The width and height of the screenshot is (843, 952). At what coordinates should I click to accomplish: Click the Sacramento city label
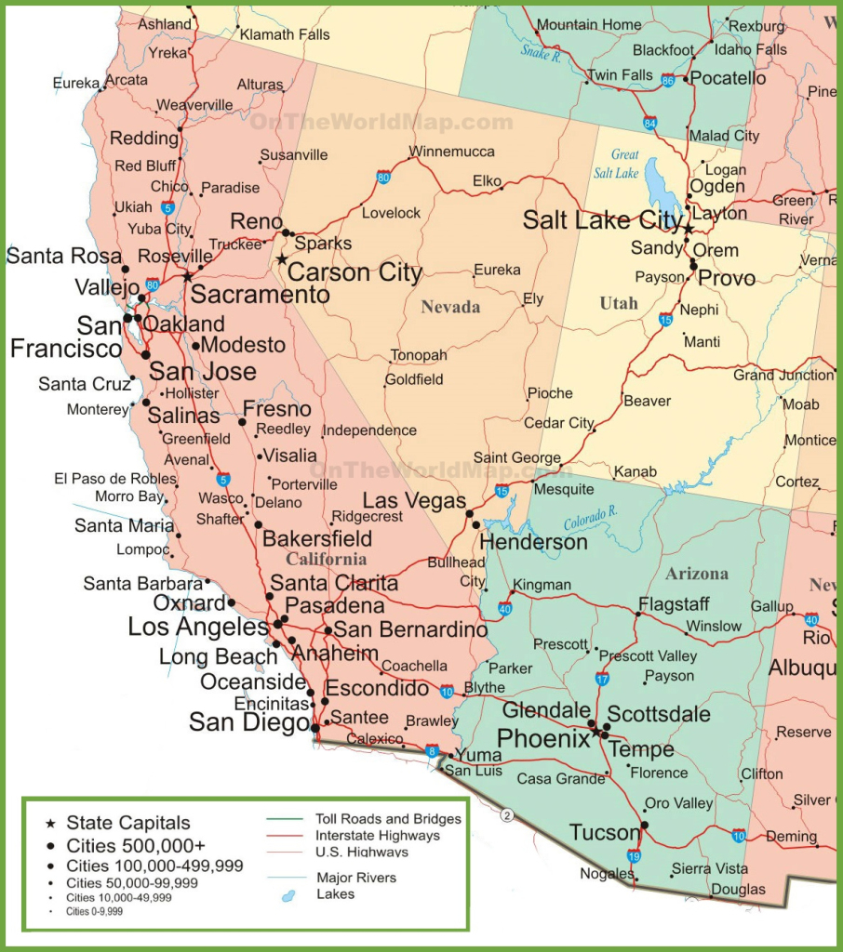[260, 295]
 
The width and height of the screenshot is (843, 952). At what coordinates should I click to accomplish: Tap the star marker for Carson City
[282, 259]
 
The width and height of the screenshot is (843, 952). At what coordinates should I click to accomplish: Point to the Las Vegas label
[414, 501]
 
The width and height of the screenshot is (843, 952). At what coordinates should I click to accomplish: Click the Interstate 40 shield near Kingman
[505, 610]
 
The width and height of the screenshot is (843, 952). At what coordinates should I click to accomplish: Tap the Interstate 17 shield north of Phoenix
[602, 679]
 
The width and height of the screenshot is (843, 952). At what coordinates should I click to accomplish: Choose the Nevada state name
[450, 307]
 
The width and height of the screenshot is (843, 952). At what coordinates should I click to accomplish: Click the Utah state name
[619, 303]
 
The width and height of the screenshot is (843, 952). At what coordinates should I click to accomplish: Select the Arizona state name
[696, 574]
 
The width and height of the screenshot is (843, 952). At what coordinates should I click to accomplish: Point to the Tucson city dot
[645, 825]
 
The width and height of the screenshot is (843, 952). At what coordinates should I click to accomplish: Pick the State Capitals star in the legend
[49, 824]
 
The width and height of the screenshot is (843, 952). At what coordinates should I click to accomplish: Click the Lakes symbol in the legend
[288, 894]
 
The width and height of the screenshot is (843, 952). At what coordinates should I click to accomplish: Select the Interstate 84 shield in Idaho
[649, 123]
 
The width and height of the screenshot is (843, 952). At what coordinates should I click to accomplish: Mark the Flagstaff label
[674, 604]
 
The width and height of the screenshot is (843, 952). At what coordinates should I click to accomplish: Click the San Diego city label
[248, 722]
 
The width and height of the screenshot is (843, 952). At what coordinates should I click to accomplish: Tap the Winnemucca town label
[452, 152]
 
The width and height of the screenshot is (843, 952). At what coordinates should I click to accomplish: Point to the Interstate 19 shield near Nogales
[634, 856]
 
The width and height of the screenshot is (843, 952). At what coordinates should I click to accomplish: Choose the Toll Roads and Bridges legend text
[388, 819]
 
